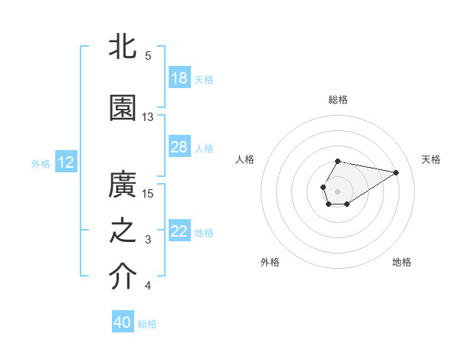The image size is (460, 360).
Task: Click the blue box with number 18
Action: (x=179, y=78)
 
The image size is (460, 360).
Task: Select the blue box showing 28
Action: (x=179, y=147)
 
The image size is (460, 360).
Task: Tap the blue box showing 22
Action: (x=179, y=231)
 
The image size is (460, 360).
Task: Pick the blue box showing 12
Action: (x=65, y=162)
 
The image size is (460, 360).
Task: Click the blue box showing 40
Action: (x=123, y=322)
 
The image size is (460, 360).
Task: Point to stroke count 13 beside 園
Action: (x=148, y=117)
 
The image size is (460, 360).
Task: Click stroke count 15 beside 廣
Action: (x=148, y=193)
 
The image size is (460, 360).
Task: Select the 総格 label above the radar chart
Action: (x=338, y=100)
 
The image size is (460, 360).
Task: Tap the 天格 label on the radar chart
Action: (x=431, y=159)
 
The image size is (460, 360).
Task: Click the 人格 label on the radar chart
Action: (x=245, y=159)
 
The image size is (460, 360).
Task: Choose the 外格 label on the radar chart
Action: (x=270, y=262)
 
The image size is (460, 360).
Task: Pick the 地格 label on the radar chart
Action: (x=402, y=262)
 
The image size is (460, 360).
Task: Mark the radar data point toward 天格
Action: (x=396, y=172)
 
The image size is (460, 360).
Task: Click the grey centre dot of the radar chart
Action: (x=337, y=190)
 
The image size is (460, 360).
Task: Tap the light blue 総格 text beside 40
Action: (x=147, y=324)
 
